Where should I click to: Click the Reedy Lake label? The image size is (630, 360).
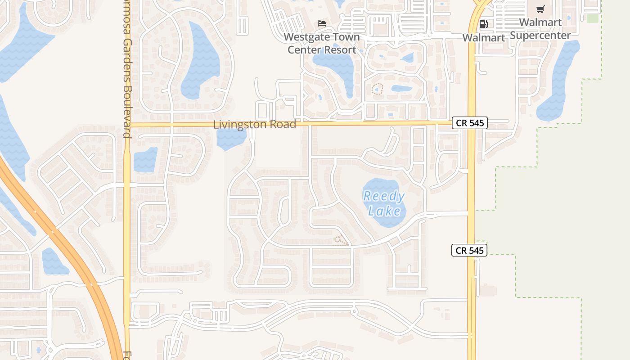pyautogui.click(x=384, y=203)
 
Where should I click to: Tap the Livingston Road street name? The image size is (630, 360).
pyautogui.click(x=255, y=124)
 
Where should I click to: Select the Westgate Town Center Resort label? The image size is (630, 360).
pyautogui.click(x=322, y=43)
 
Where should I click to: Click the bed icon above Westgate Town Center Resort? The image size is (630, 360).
pyautogui.click(x=322, y=23)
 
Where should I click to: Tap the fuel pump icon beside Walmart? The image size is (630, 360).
pyautogui.click(x=483, y=24)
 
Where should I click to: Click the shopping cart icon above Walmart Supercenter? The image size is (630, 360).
pyautogui.click(x=540, y=9)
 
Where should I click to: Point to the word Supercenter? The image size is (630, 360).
pyautogui.click(x=540, y=35)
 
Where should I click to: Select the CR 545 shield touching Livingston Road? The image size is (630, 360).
pyautogui.click(x=469, y=123)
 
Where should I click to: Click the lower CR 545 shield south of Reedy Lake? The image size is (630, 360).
pyautogui.click(x=469, y=250)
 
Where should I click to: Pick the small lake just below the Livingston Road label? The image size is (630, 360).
pyautogui.click(x=231, y=139)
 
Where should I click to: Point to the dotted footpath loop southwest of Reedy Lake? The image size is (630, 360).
pyautogui.click(x=341, y=240)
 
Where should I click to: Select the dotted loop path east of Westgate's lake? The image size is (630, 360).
pyautogui.click(x=377, y=89)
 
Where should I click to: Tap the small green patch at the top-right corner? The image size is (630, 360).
pyautogui.click(x=593, y=18)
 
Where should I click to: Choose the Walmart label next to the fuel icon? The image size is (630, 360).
pyautogui.click(x=484, y=38)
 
